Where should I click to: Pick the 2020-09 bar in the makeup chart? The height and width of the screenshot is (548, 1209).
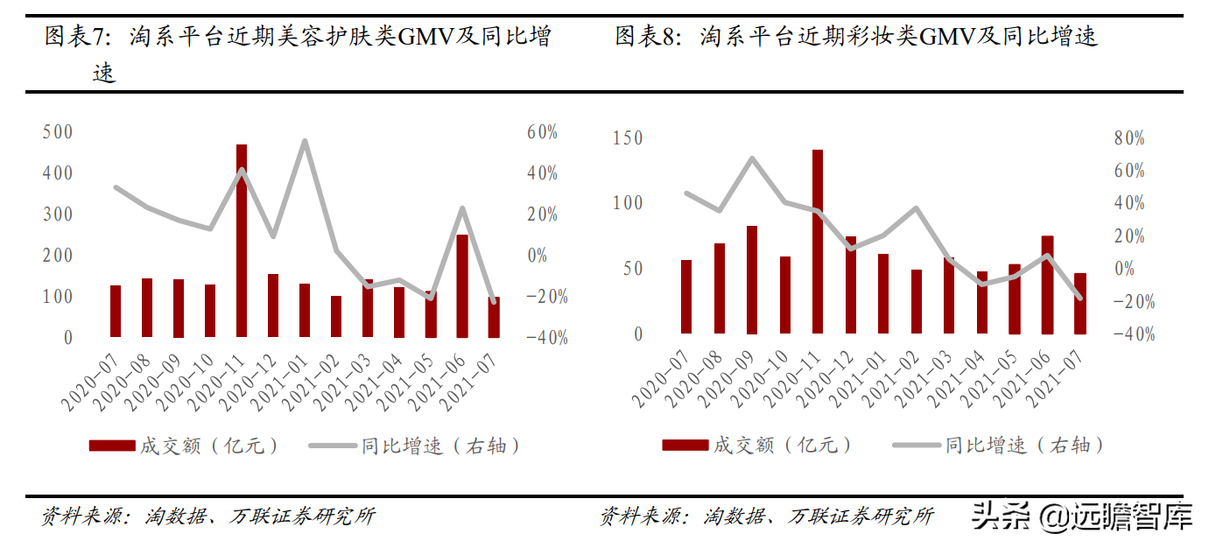click(x=752, y=279)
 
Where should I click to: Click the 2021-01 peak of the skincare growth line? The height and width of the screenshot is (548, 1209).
click(x=305, y=141)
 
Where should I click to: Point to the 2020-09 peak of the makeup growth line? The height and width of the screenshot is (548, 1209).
click(x=752, y=158)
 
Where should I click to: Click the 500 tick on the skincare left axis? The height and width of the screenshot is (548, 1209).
click(x=57, y=132)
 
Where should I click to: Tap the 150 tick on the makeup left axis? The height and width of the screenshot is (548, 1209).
click(x=627, y=138)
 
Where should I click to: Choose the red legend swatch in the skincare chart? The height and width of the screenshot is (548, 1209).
click(x=112, y=446)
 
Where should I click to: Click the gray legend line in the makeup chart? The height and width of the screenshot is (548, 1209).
click(x=915, y=445)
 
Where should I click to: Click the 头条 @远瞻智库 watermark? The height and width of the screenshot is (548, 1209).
click(x=1082, y=517)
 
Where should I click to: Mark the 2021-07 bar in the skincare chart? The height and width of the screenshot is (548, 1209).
click(x=494, y=317)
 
